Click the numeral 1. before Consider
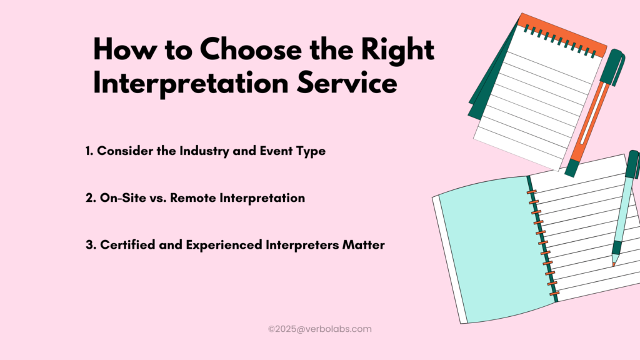[89, 151]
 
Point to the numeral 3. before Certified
[90, 245]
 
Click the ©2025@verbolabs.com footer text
[320, 328]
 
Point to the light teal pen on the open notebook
[626, 206]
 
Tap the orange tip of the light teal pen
[614, 264]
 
